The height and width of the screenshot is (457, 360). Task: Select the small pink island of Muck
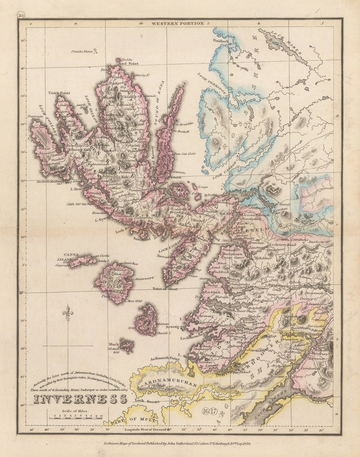[127, 345]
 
